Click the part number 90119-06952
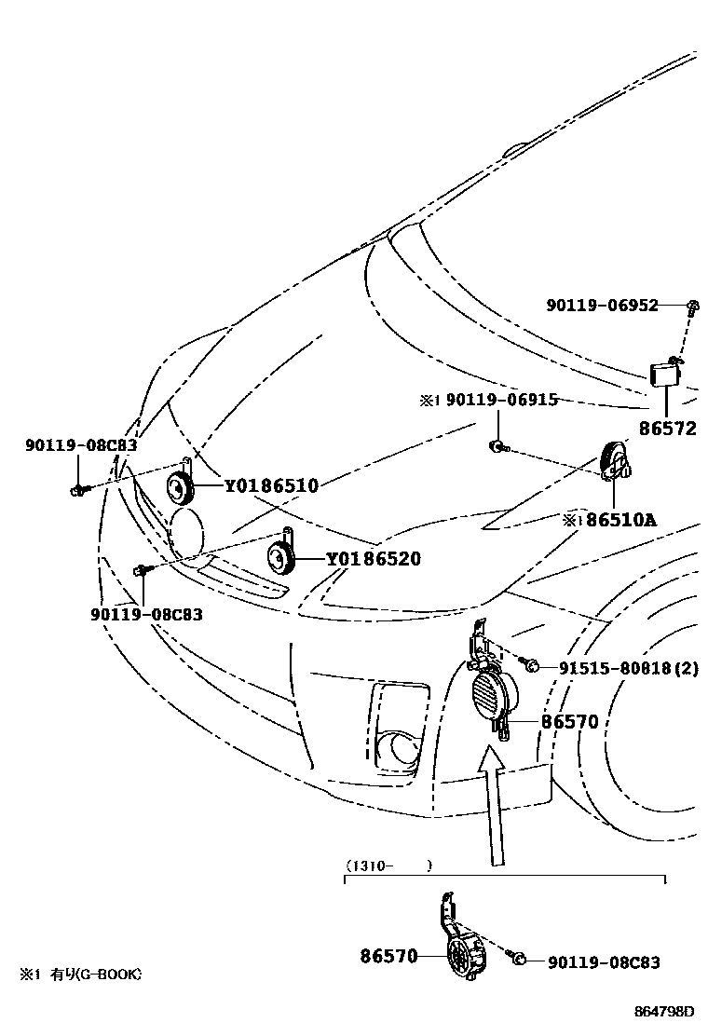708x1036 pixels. point(604,306)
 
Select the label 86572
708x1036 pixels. point(668,429)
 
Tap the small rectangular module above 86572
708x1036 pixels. point(665,375)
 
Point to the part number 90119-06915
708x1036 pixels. point(501,400)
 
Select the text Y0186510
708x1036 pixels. point(271,485)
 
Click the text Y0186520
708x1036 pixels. point(373,559)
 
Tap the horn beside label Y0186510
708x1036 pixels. point(180,485)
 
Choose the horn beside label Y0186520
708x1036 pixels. point(280,558)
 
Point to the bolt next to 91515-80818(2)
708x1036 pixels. point(532,664)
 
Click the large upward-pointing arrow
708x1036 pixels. point(493,801)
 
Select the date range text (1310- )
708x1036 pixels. point(389,866)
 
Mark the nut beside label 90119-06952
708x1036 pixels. point(693,305)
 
